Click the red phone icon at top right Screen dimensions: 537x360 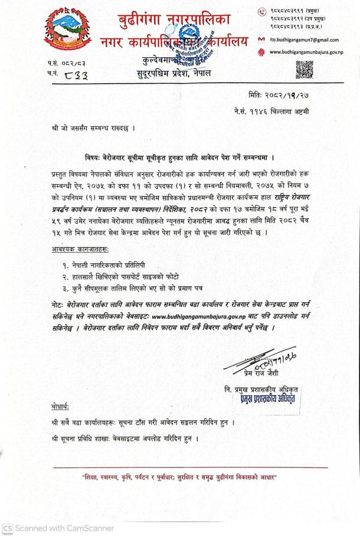click(x=263, y=10)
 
